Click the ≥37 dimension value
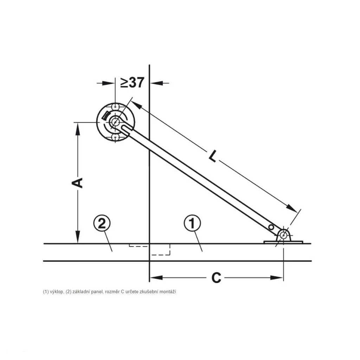pos(132,83)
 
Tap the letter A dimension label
pos(77,183)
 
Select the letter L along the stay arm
pos(213,156)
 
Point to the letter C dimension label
pos(216,278)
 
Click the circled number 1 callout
pos(192,223)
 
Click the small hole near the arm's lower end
pos(271,227)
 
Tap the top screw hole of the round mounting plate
pos(115,107)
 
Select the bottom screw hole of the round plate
pos(115,138)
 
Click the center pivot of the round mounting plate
pos(115,122)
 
